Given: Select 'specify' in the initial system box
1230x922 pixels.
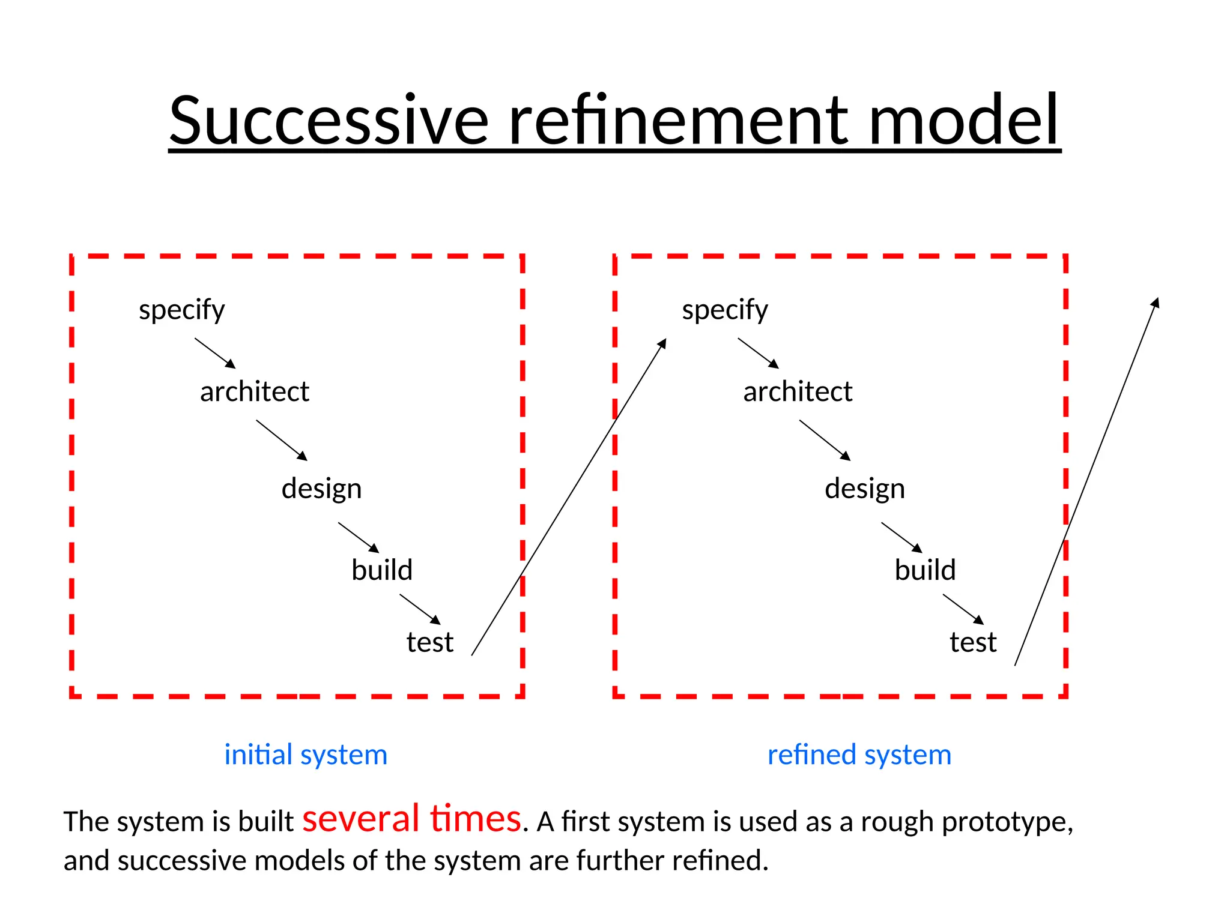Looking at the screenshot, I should [181, 310].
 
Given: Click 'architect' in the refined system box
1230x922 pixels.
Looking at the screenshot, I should [797, 392].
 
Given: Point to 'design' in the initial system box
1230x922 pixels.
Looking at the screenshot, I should [321, 489].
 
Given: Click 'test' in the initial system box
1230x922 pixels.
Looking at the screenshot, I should [429, 642].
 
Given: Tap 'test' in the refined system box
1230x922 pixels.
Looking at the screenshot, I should [972, 642].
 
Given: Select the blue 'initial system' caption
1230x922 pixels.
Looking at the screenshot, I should [306, 755].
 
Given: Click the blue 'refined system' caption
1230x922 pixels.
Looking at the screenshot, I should [859, 755].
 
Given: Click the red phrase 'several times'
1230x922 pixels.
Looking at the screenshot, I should [411, 819].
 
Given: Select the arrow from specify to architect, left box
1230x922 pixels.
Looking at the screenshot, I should [215, 353].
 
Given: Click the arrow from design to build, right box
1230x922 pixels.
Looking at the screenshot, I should [901, 537].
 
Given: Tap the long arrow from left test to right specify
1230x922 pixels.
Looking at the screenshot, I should [569, 497].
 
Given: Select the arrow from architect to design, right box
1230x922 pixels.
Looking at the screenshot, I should [825, 440].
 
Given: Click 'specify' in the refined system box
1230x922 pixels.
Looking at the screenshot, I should [724, 310].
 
